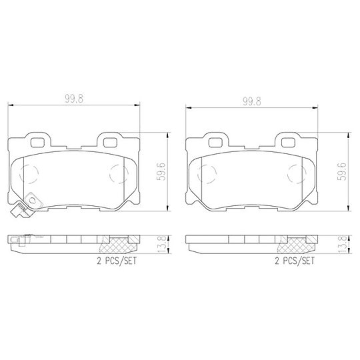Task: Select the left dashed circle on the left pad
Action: click(30, 175)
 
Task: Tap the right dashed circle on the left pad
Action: click(118, 174)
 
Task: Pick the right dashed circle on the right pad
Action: click(296, 174)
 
